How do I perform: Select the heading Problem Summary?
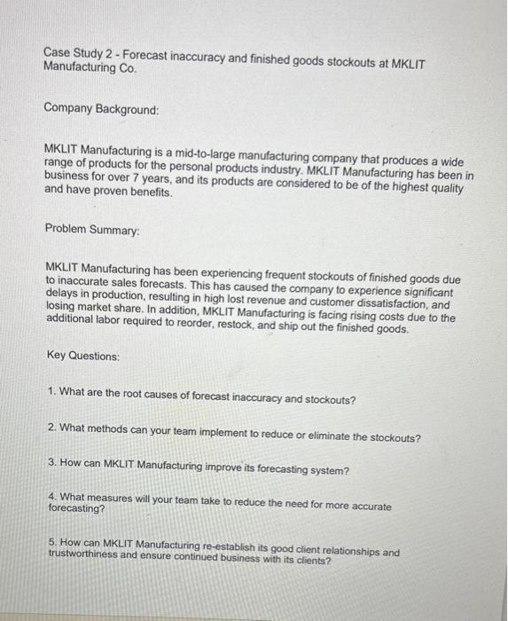point(92,228)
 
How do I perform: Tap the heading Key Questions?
point(82,356)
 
